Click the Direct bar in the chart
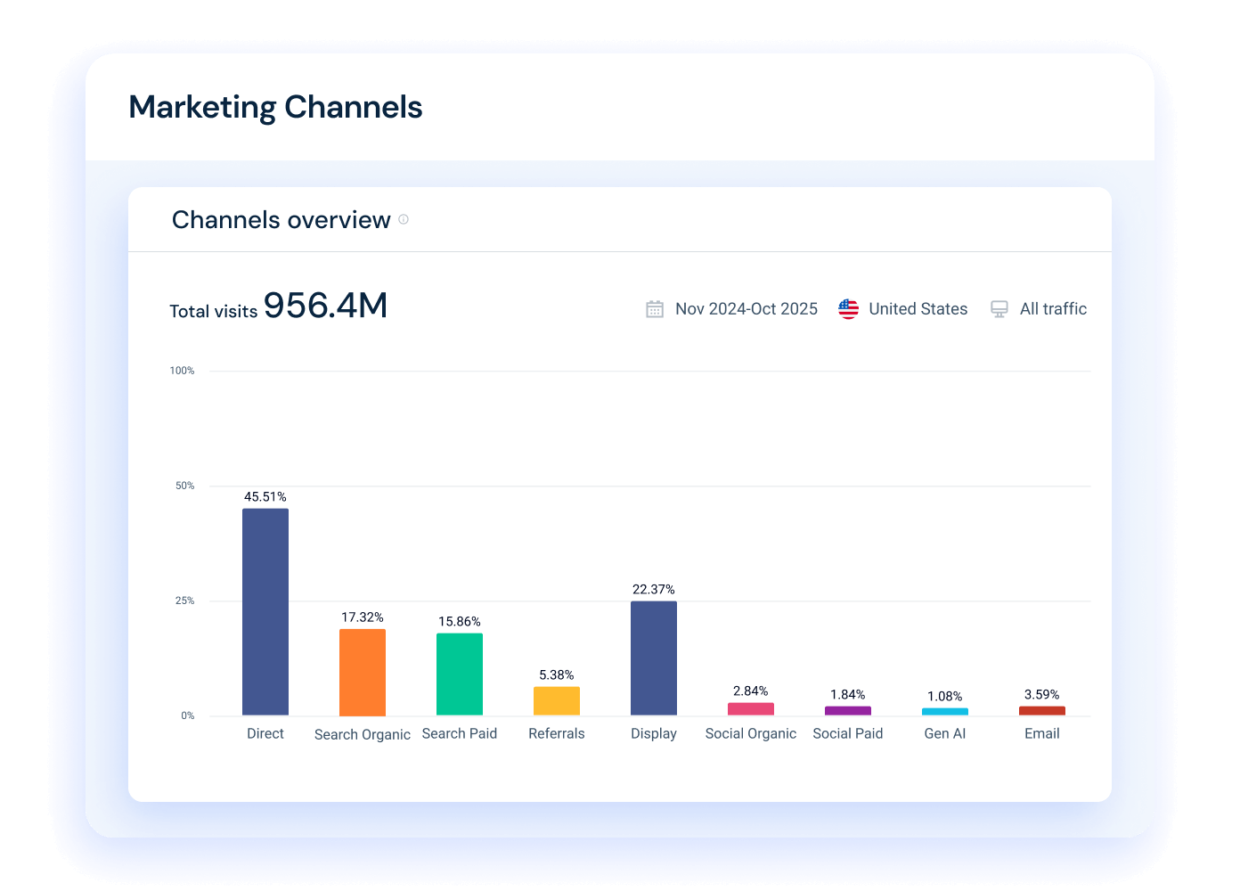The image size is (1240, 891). coord(265,612)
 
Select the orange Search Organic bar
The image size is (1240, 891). coord(363,673)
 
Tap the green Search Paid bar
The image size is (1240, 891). coord(460,674)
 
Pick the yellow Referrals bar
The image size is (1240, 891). coord(557,701)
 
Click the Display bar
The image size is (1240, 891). coord(654,658)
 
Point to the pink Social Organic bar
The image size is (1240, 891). coord(751,709)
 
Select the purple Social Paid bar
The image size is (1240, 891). coord(848,711)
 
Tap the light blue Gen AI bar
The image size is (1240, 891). coord(945,712)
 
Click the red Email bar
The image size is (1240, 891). coord(1042,711)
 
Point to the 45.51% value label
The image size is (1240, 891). coord(265,497)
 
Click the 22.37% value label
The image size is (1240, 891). coord(654,590)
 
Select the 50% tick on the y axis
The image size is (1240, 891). coord(184,486)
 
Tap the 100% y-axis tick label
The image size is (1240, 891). coord(182,371)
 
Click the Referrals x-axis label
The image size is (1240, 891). coord(557,734)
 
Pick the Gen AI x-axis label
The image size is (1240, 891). coord(945,734)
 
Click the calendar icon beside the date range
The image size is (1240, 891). coord(655,309)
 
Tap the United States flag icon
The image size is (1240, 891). coord(848,309)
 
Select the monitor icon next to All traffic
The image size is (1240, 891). coord(999,309)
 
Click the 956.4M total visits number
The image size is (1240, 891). coord(326,306)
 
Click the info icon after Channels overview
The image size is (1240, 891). coord(404,219)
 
